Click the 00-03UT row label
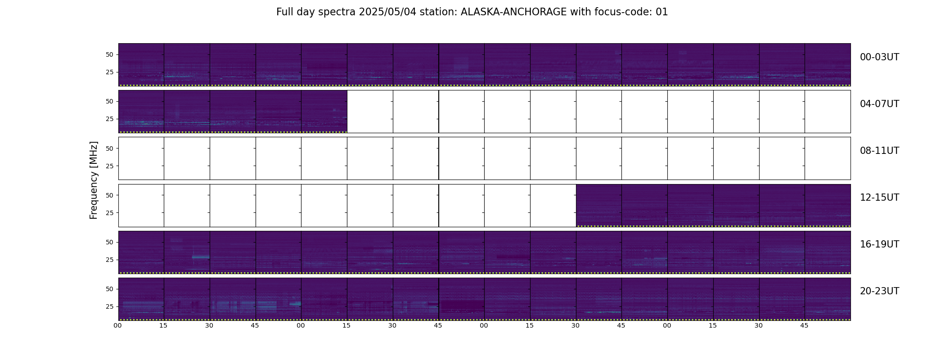(879, 57)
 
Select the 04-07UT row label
(879, 104)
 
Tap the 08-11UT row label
(879, 151)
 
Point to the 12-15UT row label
(879, 198)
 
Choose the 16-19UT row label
(879, 244)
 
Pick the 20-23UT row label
(879, 291)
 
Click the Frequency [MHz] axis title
(94, 180)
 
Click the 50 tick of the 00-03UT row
(109, 54)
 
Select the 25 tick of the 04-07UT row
(109, 119)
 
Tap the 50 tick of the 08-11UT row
(109, 148)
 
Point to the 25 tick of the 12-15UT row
(109, 212)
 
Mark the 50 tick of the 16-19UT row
(109, 242)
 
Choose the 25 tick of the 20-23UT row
(109, 306)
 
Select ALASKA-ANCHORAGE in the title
(513, 12)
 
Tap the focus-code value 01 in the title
(662, 12)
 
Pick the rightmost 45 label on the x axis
(804, 325)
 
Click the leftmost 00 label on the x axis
(118, 325)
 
